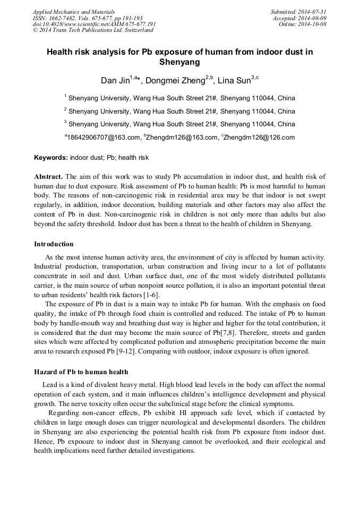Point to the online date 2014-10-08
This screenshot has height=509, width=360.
(313, 24)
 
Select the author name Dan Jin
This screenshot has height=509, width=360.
(115, 81)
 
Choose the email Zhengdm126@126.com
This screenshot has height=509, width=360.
(259, 137)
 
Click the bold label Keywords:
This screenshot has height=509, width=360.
(51, 158)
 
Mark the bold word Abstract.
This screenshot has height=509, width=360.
(48, 176)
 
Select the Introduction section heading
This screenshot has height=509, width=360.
(54, 244)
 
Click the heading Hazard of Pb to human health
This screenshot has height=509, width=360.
(81, 372)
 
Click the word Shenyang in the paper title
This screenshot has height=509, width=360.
(179, 62)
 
